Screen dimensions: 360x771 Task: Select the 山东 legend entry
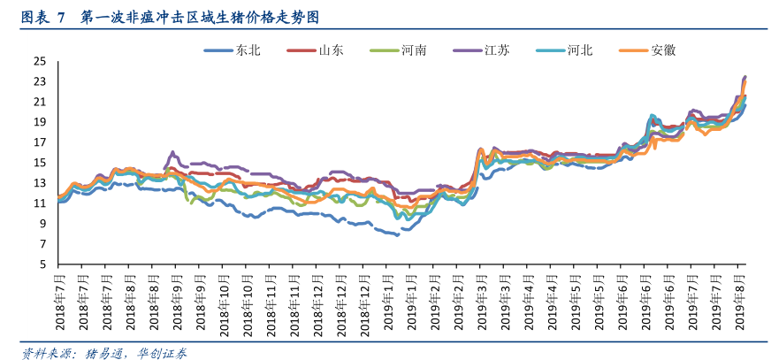(331, 50)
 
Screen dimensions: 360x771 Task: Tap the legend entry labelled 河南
(414, 50)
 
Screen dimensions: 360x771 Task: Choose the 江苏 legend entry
(496, 50)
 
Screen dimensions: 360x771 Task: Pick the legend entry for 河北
(580, 50)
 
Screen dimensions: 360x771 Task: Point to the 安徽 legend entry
(663, 50)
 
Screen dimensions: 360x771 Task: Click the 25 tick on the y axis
(39, 61)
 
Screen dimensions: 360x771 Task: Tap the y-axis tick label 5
(42, 264)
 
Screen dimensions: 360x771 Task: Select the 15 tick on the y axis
(39, 163)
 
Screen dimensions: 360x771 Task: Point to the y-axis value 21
(39, 102)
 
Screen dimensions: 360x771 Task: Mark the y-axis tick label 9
(42, 224)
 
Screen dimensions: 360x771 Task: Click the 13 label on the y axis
(39, 183)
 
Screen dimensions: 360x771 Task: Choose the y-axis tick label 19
(39, 122)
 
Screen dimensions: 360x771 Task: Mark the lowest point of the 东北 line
(398, 235)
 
